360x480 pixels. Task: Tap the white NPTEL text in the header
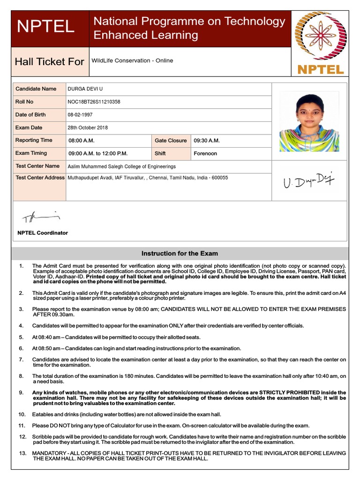click(45, 26)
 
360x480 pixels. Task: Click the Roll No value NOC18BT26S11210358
click(94, 102)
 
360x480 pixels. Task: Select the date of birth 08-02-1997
click(81, 115)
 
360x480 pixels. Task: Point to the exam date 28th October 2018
click(88, 127)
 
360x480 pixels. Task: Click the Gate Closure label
click(171, 141)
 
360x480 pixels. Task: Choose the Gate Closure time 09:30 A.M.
click(207, 141)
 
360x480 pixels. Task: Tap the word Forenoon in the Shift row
click(205, 153)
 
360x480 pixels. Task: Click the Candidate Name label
click(36, 89)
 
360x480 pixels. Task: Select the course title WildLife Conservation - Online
click(132, 60)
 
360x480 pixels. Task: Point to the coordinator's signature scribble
click(41, 217)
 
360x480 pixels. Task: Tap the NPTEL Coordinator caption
click(43, 233)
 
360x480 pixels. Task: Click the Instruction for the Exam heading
click(180, 254)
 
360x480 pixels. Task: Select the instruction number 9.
click(21, 392)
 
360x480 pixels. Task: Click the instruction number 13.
click(22, 453)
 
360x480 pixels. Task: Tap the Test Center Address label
click(40, 178)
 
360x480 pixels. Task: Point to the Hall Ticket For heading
click(50, 61)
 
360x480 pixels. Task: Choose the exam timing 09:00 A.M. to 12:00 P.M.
click(98, 153)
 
